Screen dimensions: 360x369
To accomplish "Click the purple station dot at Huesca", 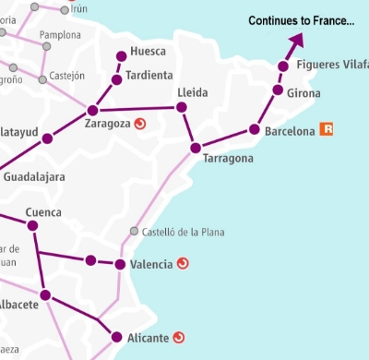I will [x=121, y=56].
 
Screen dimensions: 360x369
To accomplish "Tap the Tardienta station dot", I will [x=116, y=79].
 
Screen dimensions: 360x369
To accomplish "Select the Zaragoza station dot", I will [x=92, y=110].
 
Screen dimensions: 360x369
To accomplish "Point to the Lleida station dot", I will [x=182, y=108].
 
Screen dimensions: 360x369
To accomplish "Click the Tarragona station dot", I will [x=195, y=148].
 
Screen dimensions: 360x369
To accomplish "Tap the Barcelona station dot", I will [x=255, y=130].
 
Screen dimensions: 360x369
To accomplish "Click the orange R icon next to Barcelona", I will [x=326, y=130].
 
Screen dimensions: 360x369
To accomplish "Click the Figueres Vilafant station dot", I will [x=284, y=66].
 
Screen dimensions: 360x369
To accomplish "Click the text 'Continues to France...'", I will [x=302, y=20].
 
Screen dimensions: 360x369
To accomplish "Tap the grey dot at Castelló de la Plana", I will [x=135, y=231].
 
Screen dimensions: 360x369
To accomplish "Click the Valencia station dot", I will [x=121, y=265].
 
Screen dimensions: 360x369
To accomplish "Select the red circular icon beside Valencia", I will [x=183, y=264].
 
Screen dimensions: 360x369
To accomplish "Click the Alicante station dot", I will [x=116, y=337].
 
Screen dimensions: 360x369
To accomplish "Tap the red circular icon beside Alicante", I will [x=180, y=337].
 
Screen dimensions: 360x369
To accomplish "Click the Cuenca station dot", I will [x=32, y=225].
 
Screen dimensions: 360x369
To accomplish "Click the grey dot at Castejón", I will [x=42, y=80].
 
